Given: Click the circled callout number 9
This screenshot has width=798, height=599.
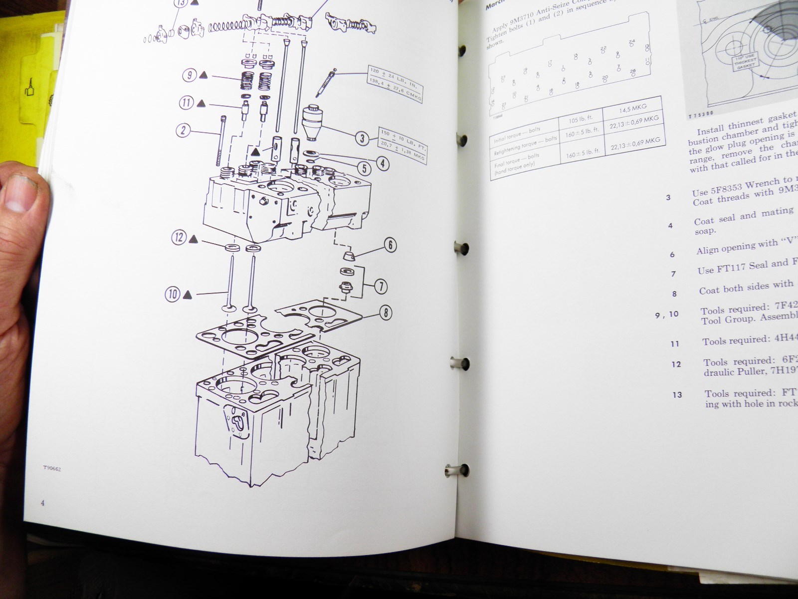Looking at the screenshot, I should point(189,75).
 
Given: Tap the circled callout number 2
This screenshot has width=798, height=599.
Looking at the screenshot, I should point(183,131).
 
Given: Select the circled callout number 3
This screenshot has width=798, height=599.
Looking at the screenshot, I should point(363,138).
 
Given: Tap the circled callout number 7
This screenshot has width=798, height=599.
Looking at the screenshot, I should point(381,287).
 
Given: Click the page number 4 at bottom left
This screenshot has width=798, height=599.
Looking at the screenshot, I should point(43,503).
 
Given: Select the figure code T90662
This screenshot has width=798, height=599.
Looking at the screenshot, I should point(51,469).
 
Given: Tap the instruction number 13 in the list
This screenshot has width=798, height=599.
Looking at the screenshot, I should point(677,395).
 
